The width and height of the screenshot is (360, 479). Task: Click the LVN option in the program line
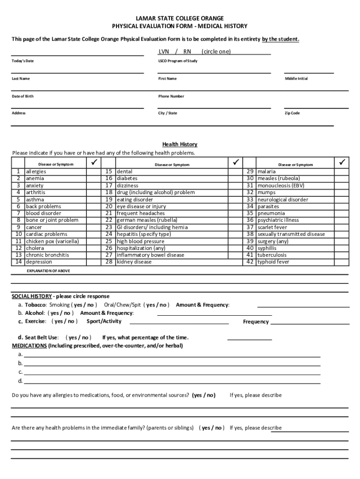pyautogui.click(x=164, y=51)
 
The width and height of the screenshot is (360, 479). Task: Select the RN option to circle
pyautogui.click(x=187, y=51)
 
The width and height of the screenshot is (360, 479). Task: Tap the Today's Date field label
pyautogui.click(x=22, y=61)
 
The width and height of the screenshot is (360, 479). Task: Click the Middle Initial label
pyautogui.click(x=296, y=79)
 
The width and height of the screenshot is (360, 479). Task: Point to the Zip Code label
pyautogui.click(x=292, y=113)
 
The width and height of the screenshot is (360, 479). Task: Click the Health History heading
pyautogui.click(x=180, y=144)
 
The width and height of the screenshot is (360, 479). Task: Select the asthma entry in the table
pyautogui.click(x=35, y=199)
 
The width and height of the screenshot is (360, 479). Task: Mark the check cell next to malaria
pyautogui.click(x=342, y=172)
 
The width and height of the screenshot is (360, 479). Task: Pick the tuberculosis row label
pyautogui.click(x=273, y=255)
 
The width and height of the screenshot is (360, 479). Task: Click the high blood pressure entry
pyautogui.click(x=140, y=241)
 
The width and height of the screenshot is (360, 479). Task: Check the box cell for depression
pyautogui.click(x=93, y=262)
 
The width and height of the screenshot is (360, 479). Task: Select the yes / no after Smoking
pyautogui.click(x=84, y=305)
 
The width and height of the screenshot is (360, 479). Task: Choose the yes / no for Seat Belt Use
pyautogui.click(x=79, y=337)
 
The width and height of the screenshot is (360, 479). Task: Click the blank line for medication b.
pyautogui.click(x=172, y=363)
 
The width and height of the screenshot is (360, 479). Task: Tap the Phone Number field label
pyautogui.click(x=171, y=96)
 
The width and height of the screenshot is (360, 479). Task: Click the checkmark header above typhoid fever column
pyautogui.click(x=342, y=162)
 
